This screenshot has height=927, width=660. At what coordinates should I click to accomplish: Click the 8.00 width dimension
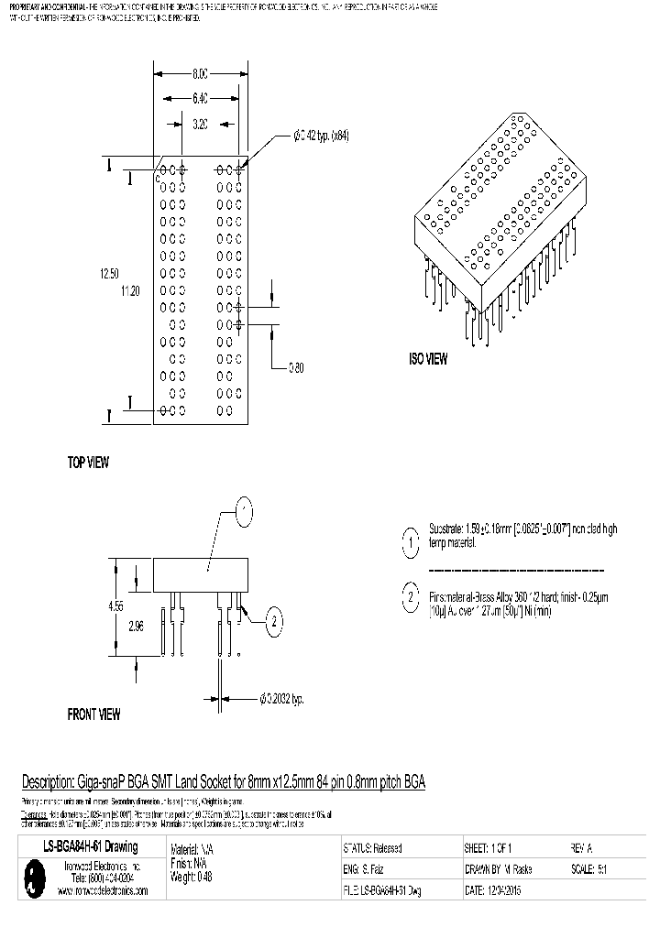click(200, 72)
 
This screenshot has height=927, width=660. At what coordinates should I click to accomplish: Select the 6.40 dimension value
click(200, 97)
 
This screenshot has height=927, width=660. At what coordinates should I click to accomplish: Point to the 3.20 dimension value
click(201, 124)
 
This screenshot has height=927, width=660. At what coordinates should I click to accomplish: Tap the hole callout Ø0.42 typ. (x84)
click(322, 136)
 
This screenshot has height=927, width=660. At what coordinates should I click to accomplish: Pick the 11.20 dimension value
click(132, 290)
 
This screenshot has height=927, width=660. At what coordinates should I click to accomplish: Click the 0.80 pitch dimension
click(296, 368)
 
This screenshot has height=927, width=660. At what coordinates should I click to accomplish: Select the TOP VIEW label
click(88, 463)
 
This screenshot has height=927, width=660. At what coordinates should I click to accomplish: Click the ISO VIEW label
click(428, 360)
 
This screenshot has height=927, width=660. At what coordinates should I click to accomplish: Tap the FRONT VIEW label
click(93, 714)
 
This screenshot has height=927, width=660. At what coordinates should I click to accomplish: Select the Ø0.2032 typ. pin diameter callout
click(281, 699)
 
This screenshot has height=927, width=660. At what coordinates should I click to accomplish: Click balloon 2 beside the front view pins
click(272, 624)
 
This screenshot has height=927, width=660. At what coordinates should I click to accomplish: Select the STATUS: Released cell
click(372, 848)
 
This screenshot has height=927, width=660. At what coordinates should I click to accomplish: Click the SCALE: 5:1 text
click(587, 869)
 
